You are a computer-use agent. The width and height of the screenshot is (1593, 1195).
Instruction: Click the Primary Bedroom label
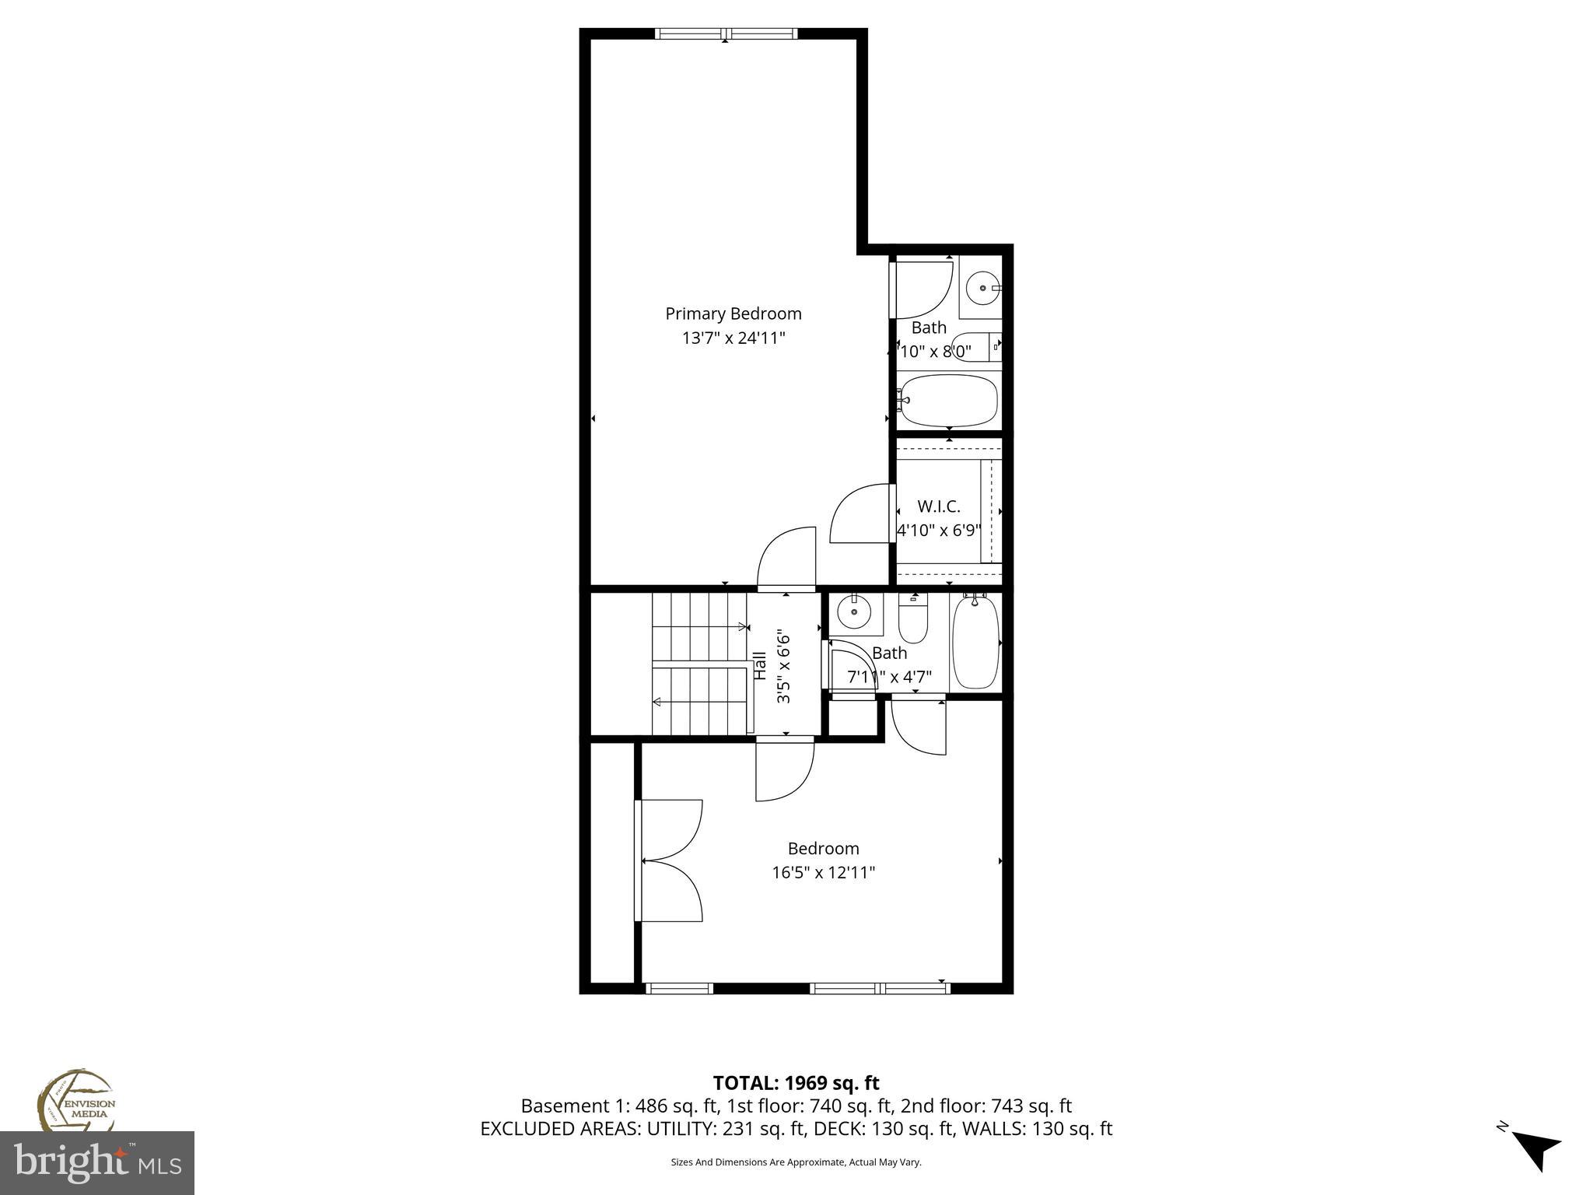click(733, 314)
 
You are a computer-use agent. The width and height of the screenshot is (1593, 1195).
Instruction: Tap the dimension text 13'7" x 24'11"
click(733, 338)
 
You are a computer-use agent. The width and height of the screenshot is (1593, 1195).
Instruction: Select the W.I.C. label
click(938, 506)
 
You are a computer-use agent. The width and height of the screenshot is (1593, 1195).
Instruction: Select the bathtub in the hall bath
click(975, 643)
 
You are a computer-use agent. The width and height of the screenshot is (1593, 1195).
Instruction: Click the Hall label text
click(761, 666)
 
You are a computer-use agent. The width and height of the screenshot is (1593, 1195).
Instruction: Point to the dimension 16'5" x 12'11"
click(823, 873)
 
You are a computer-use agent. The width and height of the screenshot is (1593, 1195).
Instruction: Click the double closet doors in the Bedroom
click(669, 860)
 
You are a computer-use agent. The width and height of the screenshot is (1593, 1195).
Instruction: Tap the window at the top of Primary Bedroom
click(726, 33)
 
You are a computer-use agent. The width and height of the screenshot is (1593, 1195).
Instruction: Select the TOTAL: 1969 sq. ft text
click(796, 1083)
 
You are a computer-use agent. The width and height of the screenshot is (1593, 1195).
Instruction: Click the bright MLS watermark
click(96, 1163)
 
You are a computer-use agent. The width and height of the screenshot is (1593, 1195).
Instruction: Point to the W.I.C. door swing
click(860, 513)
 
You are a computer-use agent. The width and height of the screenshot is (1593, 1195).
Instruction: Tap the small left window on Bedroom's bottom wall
click(679, 989)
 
